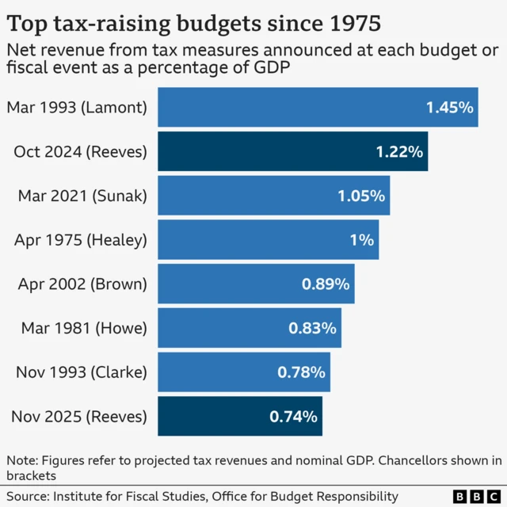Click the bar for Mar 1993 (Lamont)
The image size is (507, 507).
pos(317,107)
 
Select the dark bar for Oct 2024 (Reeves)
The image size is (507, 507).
pos(292,151)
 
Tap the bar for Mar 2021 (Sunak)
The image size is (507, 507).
pos(273,196)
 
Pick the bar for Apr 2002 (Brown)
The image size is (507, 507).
pos(255,284)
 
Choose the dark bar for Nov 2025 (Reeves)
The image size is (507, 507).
pos(239,416)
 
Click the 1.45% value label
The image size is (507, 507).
pos(449,107)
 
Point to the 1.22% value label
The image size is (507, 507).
pos(399,151)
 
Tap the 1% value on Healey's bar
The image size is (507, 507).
pos(361,239)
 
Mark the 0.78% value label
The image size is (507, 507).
pos(301,372)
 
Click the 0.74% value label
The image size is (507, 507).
pos(293,416)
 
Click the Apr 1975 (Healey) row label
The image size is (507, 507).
pos(81,239)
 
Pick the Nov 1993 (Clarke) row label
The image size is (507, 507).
pos(81,372)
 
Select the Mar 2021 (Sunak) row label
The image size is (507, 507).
pos(81,196)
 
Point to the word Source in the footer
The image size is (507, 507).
pos(27,496)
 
